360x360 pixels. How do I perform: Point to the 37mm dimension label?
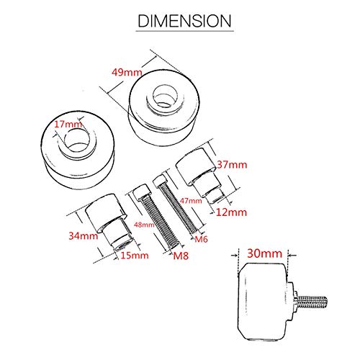click(x=231, y=165)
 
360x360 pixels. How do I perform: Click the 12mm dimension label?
click(x=231, y=212)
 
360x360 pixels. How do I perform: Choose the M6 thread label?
click(x=202, y=238)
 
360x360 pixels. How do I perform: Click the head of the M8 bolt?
click(x=140, y=192)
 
